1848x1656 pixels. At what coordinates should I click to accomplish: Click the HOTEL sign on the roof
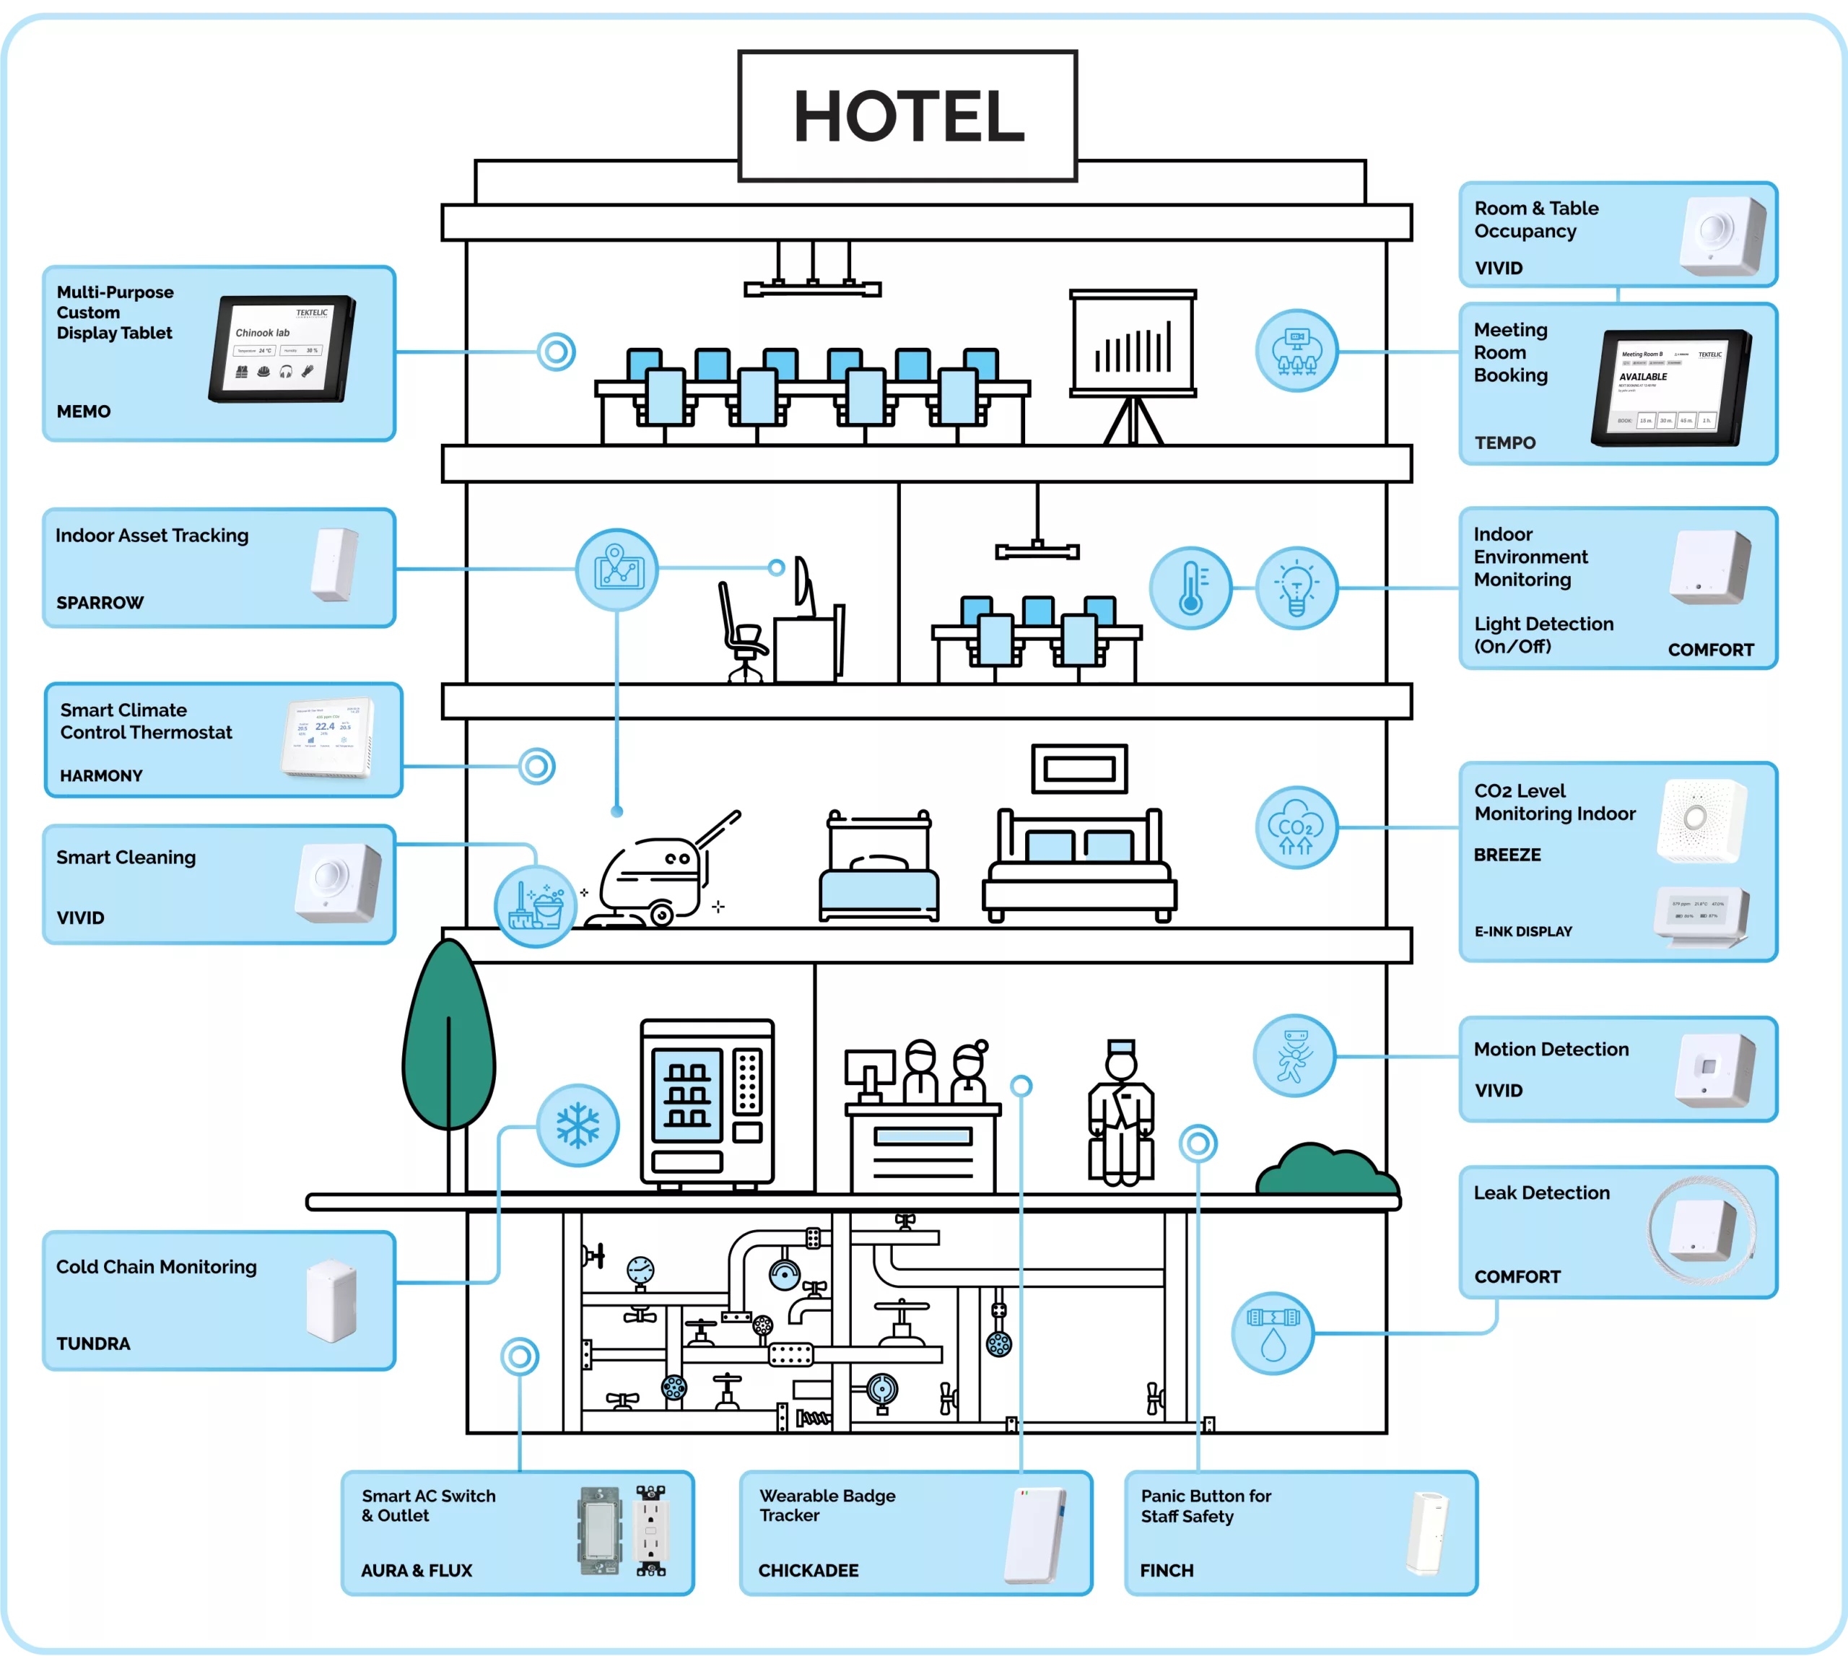tap(907, 116)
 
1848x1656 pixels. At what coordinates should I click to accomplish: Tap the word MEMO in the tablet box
tap(84, 411)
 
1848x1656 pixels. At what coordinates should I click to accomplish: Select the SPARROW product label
tap(100, 602)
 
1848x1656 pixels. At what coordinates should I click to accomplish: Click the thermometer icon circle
tap(1190, 588)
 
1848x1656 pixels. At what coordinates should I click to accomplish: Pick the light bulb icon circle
tap(1296, 588)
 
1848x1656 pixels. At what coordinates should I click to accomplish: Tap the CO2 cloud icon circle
tap(1296, 827)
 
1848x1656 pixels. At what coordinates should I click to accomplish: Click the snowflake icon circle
tap(577, 1125)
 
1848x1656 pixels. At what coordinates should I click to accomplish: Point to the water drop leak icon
tap(1272, 1333)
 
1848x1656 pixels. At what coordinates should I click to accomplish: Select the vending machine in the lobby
tap(707, 1103)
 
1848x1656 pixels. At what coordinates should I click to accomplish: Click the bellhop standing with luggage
tap(1121, 1115)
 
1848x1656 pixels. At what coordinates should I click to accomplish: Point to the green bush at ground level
tap(1327, 1172)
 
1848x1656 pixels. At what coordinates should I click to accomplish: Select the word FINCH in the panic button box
tap(1167, 1571)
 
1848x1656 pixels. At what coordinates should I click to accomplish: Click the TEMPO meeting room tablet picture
tap(1670, 388)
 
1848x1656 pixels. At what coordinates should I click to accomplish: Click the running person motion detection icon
tap(1294, 1056)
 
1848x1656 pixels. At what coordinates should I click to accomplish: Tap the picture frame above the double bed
tap(1079, 769)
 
